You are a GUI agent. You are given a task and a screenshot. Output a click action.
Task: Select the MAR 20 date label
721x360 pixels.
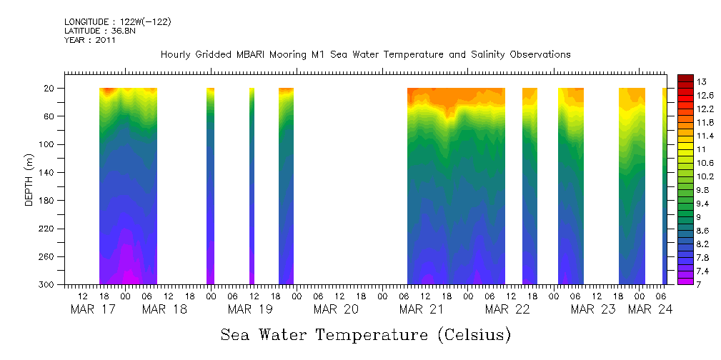335,309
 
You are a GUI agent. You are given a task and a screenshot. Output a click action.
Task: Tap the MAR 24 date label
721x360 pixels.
649,309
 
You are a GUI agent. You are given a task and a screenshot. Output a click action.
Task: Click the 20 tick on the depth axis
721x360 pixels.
51,89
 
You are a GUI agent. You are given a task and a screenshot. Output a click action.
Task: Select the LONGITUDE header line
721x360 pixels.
117,22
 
